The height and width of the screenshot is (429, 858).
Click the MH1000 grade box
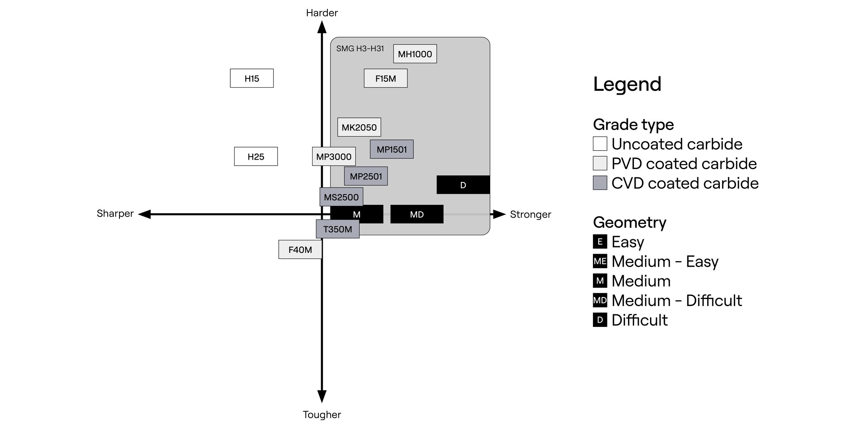pos(415,54)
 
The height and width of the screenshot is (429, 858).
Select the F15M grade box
pos(385,78)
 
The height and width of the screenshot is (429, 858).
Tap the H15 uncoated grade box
pos(251,78)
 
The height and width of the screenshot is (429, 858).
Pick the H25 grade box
pos(256,157)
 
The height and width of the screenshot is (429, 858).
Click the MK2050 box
pos(359,127)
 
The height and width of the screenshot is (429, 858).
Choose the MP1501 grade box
pos(392,149)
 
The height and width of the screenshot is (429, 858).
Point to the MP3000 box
pos(334,157)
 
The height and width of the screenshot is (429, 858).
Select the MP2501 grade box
pos(366,176)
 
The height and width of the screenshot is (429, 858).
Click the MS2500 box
pos(341,197)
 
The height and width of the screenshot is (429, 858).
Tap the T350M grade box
pos(338,229)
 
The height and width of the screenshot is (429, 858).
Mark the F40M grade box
pos(300,249)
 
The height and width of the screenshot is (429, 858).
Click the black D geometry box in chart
pos(463,185)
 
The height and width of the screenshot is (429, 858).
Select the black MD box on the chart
pos(417,214)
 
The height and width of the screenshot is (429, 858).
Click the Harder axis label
pos(322,13)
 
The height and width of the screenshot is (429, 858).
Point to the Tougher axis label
pos(322,415)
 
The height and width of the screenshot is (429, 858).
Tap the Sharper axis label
pos(115,213)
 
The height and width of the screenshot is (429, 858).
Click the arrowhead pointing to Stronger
pos(499,214)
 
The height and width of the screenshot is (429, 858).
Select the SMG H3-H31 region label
pos(360,49)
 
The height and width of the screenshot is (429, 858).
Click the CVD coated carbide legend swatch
pos(600,183)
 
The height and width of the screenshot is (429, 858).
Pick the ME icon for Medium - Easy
pos(600,261)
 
